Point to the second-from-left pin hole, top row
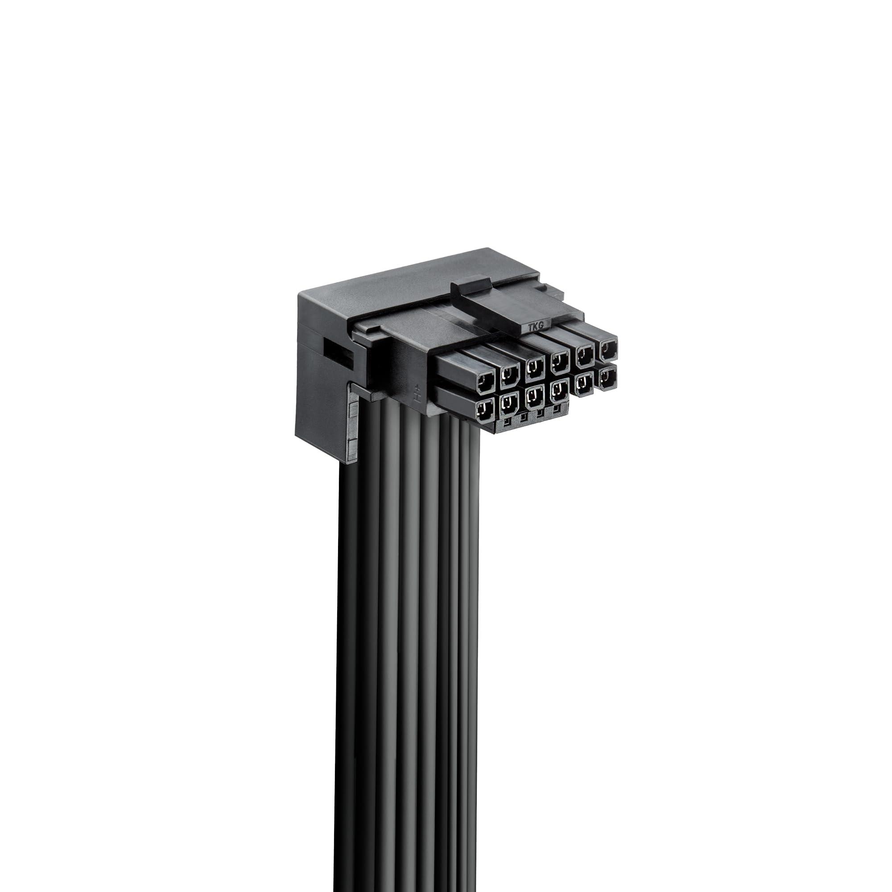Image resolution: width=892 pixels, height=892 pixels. coord(510,373)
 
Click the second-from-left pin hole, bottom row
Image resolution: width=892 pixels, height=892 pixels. coord(508,402)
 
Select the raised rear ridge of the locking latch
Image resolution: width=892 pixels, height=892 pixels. coord(470,285)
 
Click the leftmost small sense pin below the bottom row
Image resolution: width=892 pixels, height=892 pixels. coord(507,421)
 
